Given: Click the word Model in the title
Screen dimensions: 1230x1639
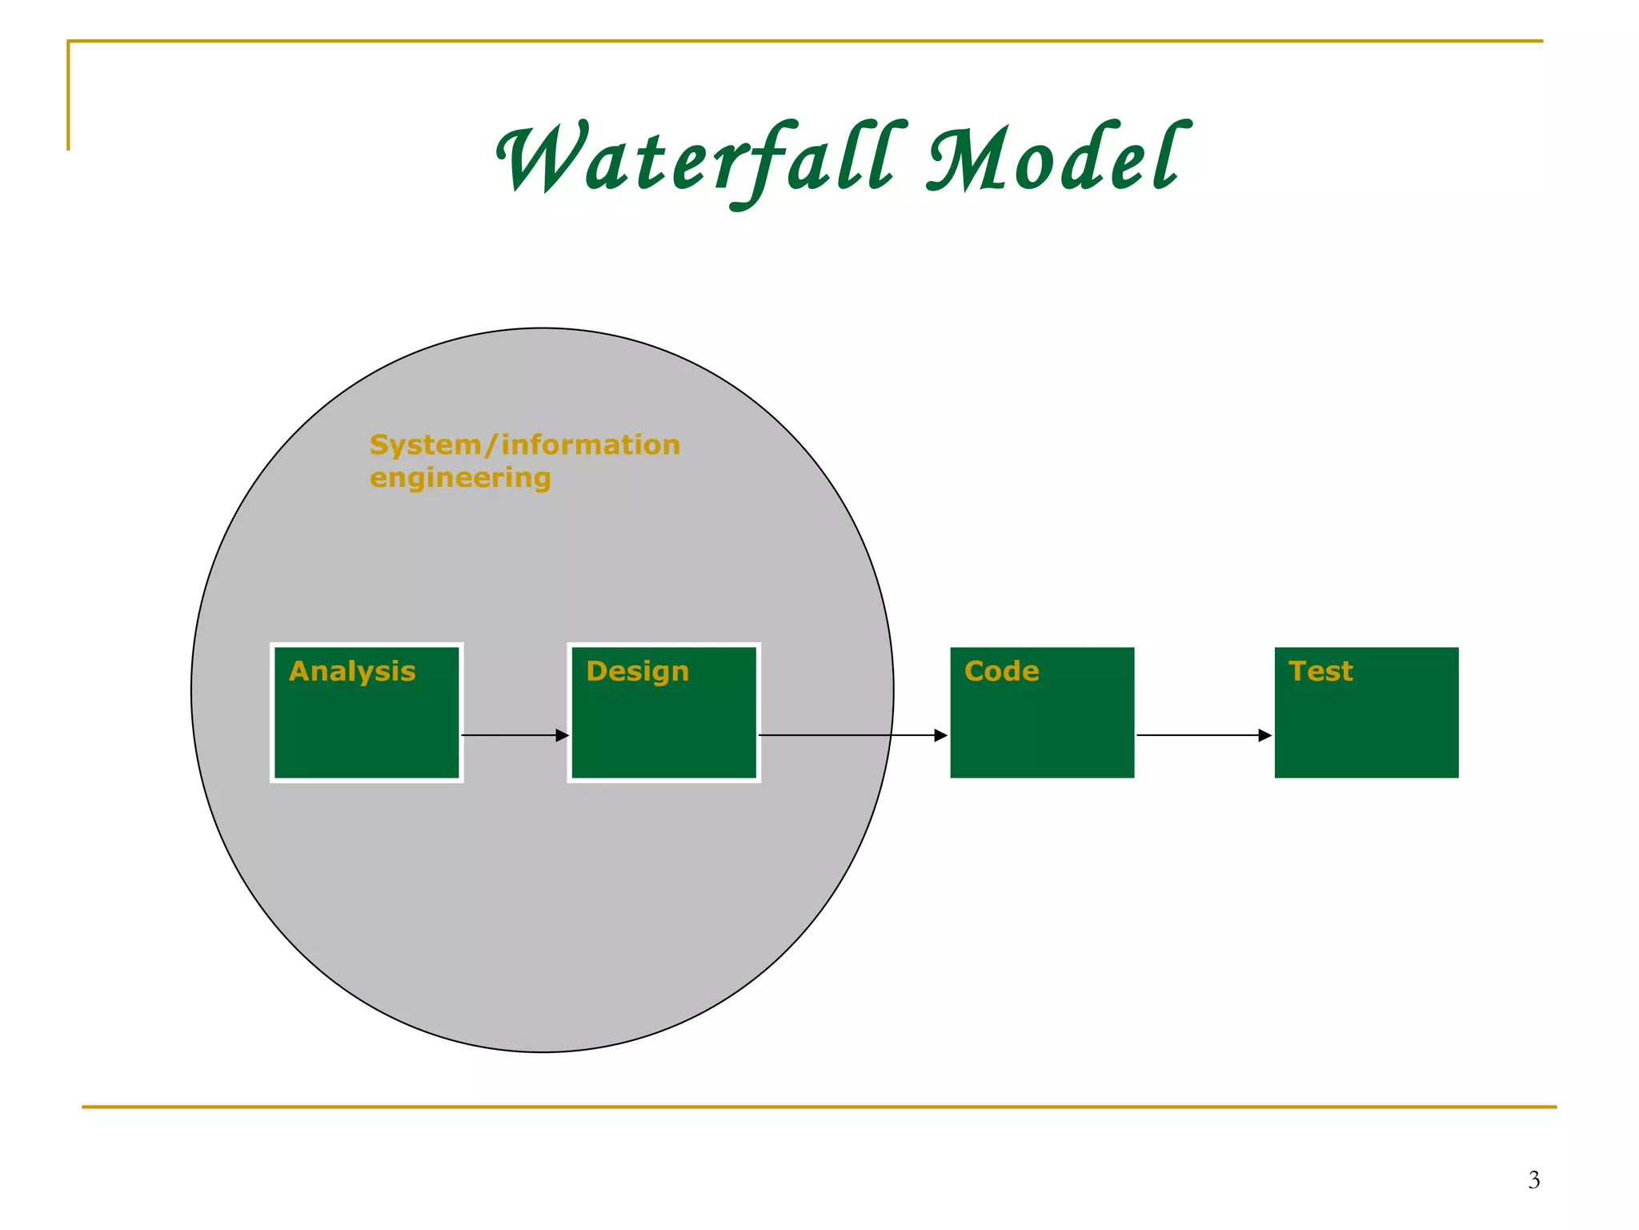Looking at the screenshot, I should tap(1055, 160).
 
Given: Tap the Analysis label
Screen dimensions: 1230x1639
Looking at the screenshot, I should tap(352, 671).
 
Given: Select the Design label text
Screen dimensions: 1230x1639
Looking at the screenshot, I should tap(637, 671).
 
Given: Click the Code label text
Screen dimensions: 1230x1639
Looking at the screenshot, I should tap(1001, 671).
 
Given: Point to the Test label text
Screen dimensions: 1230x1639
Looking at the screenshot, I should tap(1320, 671).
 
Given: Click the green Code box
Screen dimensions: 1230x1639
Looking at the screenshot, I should tap(1042, 729).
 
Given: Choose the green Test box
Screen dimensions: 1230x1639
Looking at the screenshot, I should tap(1366, 729).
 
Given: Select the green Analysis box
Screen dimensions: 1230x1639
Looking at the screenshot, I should tap(367, 729).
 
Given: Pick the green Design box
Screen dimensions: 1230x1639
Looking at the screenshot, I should tap(663, 729).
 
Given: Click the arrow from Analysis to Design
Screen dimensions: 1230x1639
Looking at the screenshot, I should tap(512, 735).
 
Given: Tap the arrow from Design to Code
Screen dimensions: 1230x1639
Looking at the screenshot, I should tap(848, 735).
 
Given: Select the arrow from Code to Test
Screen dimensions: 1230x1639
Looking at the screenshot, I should tap(1200, 735).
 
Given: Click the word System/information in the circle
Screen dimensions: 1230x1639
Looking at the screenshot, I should tap(524, 444).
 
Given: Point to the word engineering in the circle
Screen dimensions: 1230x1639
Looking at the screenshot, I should tap(460, 478).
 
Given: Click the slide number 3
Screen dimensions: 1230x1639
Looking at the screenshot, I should tap(1533, 1180).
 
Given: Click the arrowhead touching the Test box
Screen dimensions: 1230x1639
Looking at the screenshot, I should tap(1264, 735).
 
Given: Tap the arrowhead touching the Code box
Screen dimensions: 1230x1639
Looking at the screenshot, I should tap(940, 735).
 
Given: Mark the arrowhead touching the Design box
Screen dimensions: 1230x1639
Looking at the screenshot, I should tap(562, 735).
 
